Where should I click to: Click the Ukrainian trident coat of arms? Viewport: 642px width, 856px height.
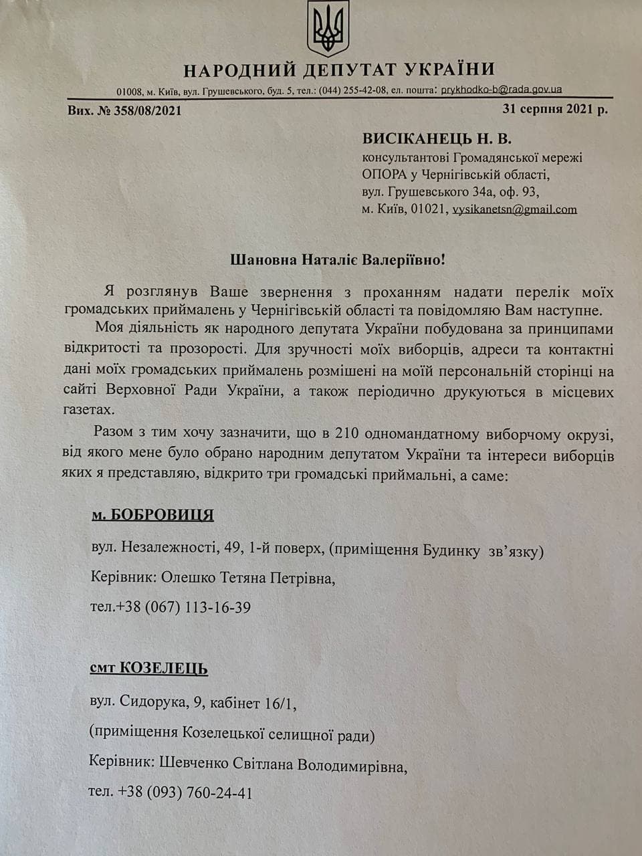point(328,29)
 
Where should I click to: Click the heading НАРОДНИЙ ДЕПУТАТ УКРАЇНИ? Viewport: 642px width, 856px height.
point(339,70)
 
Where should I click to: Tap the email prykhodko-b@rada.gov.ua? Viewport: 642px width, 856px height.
point(502,90)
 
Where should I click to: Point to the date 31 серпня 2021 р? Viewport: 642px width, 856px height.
point(555,109)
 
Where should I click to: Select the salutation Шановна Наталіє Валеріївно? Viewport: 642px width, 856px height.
point(338,259)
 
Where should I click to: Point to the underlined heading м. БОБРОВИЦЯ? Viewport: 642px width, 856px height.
point(152,515)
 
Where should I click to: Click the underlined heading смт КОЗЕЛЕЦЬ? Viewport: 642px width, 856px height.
point(148,668)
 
